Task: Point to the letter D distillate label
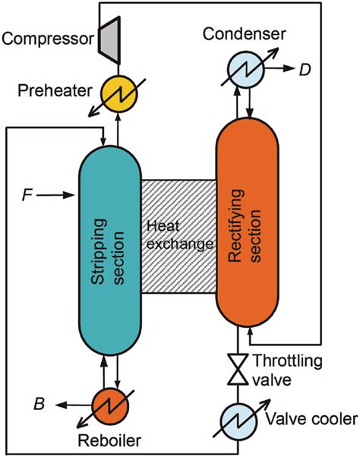[x=305, y=70]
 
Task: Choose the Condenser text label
[x=244, y=34]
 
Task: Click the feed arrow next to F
[x=59, y=197]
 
